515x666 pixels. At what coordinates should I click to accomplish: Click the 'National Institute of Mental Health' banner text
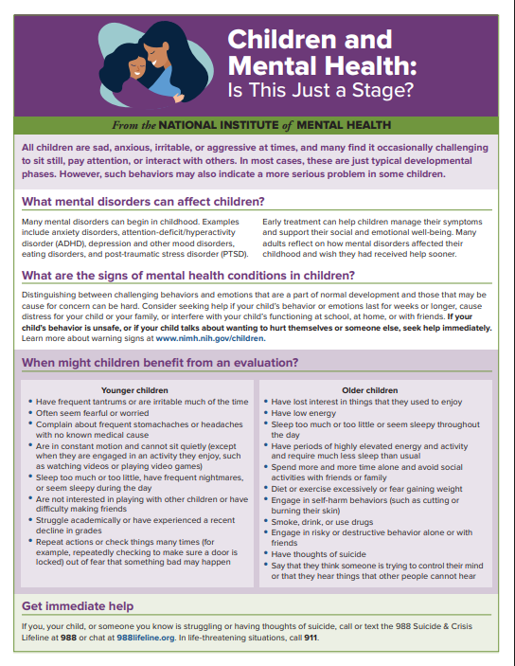(x=257, y=124)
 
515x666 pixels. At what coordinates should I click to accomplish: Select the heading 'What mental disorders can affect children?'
(x=143, y=201)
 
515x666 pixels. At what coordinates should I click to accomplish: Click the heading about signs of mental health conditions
(x=188, y=276)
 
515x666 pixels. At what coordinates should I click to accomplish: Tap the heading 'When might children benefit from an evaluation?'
(x=160, y=363)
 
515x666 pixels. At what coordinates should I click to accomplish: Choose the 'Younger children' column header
(x=134, y=389)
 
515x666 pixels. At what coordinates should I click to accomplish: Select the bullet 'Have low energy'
(x=303, y=413)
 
